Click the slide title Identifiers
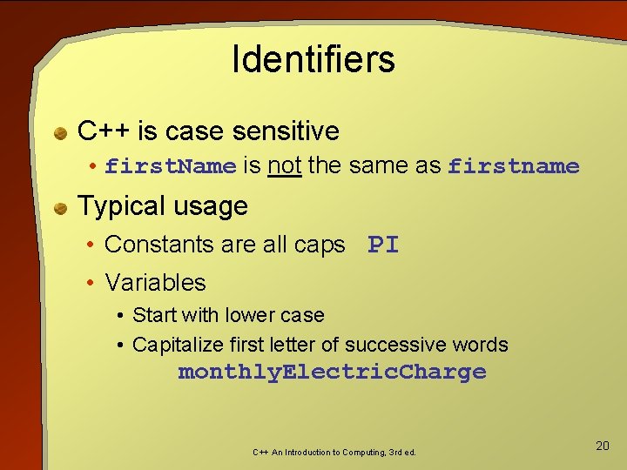313,59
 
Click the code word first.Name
171,166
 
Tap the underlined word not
284,165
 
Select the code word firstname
513,166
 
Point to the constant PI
383,245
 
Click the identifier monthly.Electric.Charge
332,373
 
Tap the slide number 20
602,446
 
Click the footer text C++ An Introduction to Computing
334,453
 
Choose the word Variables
155,282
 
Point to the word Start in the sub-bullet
153,315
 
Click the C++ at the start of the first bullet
104,131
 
